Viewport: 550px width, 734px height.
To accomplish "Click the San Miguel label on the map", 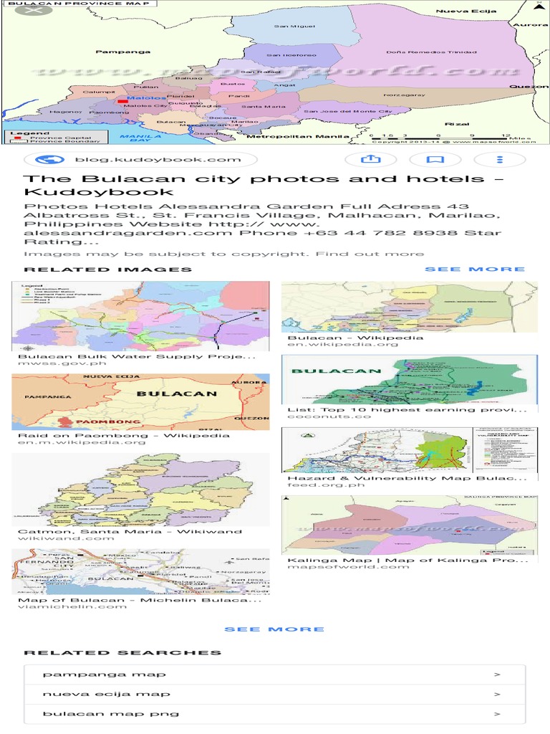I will pyautogui.click(x=284, y=27).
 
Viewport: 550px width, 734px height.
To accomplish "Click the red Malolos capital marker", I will pyautogui.click(x=122, y=101).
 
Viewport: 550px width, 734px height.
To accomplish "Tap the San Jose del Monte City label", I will pyautogui.click(x=348, y=112).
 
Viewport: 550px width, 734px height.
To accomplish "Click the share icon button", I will pyautogui.click(x=360, y=160).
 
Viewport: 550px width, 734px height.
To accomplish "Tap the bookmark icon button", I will pyautogui.click(x=435, y=160).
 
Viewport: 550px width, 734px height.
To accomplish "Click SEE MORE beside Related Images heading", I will pyautogui.click(x=475, y=270).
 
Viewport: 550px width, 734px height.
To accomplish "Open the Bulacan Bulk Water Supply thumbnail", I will pyautogui.click(x=140, y=315).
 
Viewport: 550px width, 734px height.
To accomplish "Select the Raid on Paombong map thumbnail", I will pyautogui.click(x=140, y=401).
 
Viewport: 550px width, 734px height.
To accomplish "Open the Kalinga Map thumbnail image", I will pyautogui.click(x=409, y=525).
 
